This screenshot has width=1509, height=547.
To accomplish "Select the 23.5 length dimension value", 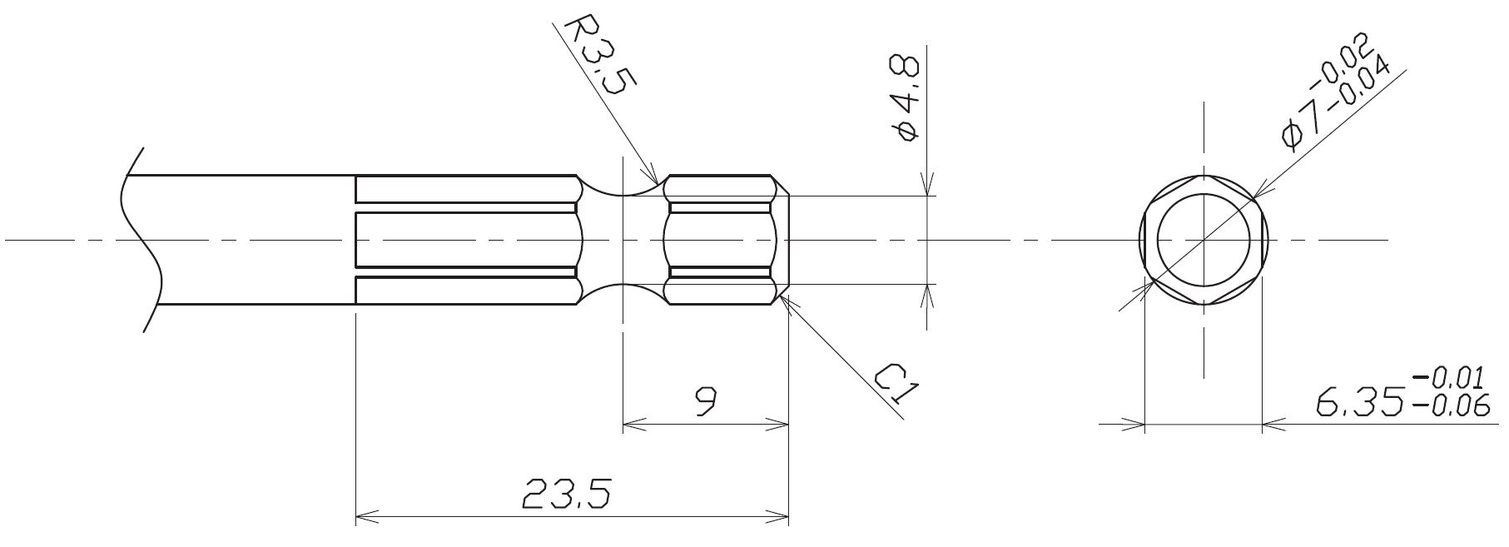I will pos(566,495).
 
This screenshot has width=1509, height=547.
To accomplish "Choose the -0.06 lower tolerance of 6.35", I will pos(1448,405).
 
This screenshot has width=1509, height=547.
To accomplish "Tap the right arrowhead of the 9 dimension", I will pos(786,425).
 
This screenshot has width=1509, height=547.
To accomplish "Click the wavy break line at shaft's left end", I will pos(139,241).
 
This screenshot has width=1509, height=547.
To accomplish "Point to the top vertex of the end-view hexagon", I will pos(1203,177).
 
